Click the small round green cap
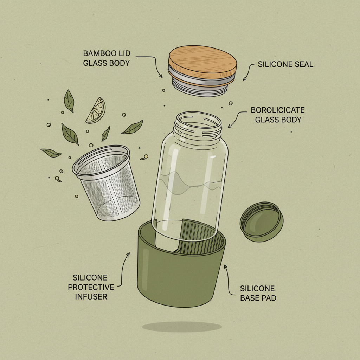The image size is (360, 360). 262,221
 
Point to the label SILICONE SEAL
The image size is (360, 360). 285,65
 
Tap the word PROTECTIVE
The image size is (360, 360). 91,287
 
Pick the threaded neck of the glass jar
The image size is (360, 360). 199,127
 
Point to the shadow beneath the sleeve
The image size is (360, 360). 182,327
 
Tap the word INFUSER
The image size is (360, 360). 91,297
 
